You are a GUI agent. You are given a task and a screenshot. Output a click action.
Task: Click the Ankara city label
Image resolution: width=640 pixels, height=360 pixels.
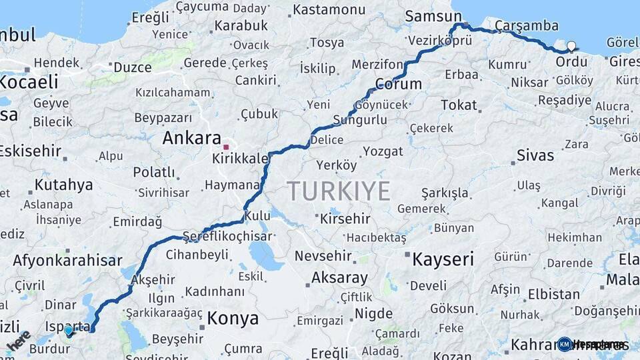coord(192,139)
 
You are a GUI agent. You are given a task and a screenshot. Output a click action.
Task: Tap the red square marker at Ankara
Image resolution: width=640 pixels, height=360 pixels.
coord(227,147)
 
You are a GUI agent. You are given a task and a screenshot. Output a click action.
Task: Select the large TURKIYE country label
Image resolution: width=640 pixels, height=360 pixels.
coord(339,191)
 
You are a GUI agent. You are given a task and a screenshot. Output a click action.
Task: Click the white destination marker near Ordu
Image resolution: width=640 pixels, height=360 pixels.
coord(571,47)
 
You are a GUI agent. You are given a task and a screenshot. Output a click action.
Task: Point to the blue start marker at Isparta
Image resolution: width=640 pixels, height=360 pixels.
coord(68,330)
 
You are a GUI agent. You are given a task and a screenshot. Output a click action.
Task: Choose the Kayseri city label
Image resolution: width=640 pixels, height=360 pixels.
coord(443,259)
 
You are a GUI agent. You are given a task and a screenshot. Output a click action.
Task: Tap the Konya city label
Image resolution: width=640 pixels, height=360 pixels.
coord(233,319)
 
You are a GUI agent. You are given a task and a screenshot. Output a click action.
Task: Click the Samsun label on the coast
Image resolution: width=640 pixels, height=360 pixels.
coord(433,16)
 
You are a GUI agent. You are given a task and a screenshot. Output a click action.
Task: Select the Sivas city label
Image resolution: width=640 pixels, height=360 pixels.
coord(535,155)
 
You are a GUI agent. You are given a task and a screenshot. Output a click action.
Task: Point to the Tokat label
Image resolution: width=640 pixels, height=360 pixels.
coord(459,105)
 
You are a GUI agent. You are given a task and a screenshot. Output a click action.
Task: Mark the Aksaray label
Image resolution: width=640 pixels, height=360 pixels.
coord(339,278)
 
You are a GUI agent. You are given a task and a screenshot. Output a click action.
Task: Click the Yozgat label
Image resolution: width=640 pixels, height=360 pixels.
coord(383,151)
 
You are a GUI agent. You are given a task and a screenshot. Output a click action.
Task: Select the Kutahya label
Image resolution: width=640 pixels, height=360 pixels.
coord(63,185)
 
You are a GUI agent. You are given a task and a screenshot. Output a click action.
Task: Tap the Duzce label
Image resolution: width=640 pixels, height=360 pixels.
coord(133,67)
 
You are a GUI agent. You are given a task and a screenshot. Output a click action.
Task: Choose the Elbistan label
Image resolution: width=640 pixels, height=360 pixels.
coord(554,294)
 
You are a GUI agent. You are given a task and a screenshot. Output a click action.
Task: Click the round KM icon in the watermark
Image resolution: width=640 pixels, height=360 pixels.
coord(565,344)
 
